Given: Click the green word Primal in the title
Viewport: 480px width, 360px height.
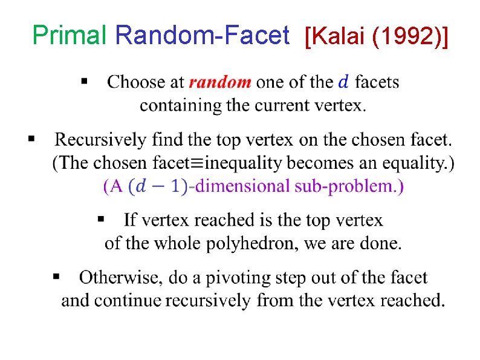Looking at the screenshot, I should click(x=70, y=36).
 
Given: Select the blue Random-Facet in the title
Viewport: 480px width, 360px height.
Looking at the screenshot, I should click(x=202, y=36).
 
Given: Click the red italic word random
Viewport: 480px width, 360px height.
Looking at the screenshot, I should click(x=219, y=82).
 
